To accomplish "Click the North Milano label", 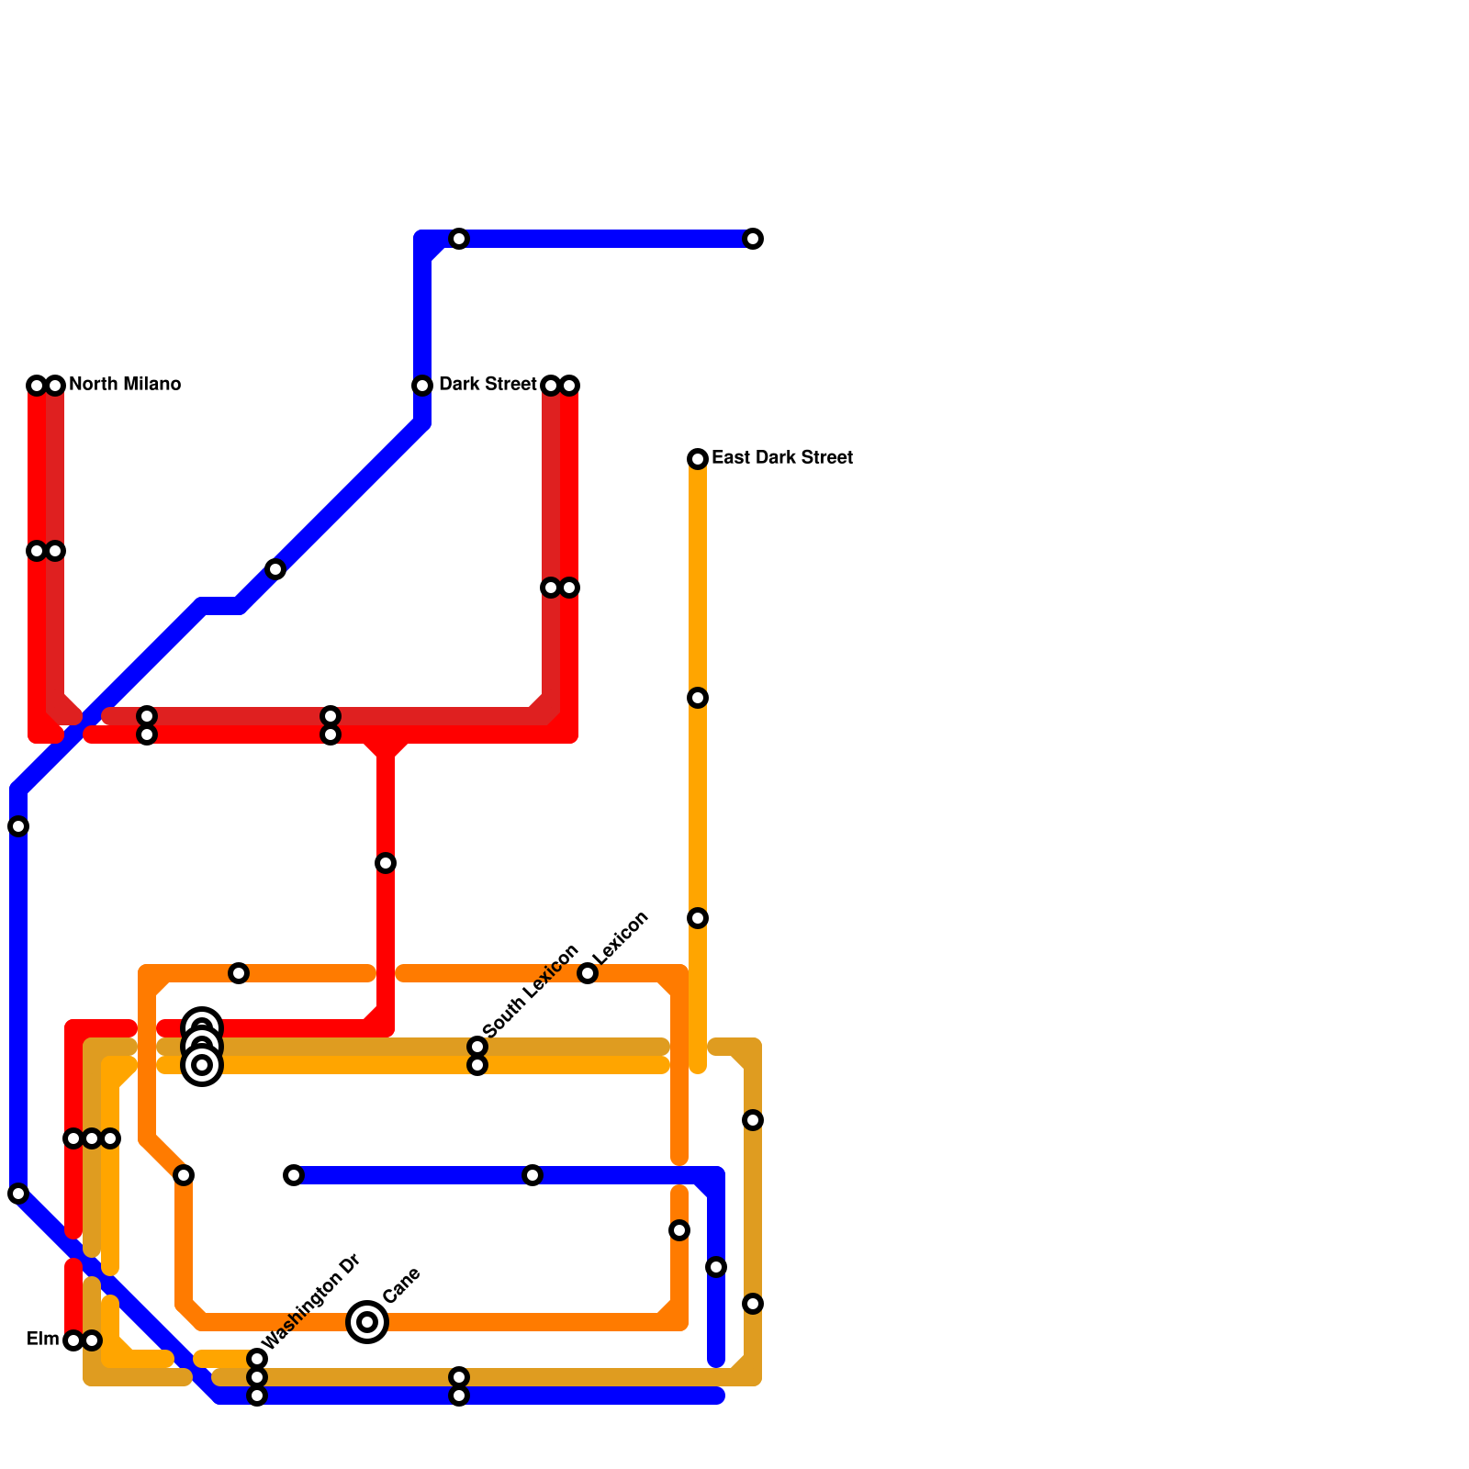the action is point(125,384).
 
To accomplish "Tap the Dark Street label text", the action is point(488,384).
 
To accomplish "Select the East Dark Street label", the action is point(782,457).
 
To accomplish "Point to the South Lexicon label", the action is point(530,991).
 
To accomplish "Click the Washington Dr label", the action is point(309,1302).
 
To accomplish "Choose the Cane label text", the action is point(401,1285).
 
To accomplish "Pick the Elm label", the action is point(42,1340).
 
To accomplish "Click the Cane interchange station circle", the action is point(367,1322).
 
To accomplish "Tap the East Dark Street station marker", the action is point(698,459).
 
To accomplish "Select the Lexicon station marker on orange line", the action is point(588,973).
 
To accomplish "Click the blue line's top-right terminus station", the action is point(753,239).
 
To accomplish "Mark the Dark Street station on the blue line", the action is point(422,386).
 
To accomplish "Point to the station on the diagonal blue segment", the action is point(275,569).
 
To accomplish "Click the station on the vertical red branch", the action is point(386,863).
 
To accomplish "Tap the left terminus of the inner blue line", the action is point(294,1175).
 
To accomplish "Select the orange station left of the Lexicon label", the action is point(239,973).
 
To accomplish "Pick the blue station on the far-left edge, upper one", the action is point(18,826).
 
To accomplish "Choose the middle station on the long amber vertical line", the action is point(698,698).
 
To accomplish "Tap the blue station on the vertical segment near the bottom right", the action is point(716,1267).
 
